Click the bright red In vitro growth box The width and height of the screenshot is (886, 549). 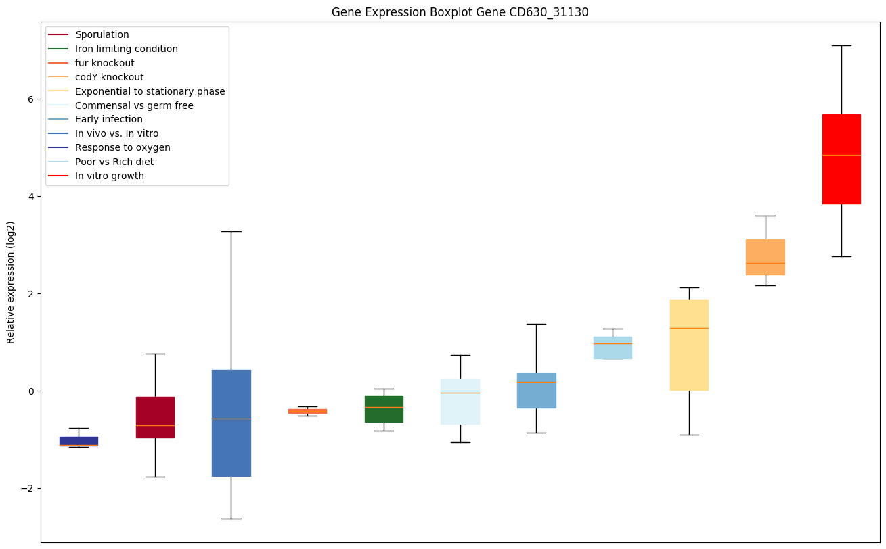coord(841,159)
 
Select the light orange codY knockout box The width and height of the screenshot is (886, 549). coord(765,257)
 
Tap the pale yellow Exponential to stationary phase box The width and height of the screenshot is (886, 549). coord(689,345)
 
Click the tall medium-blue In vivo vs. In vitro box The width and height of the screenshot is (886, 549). coord(231,423)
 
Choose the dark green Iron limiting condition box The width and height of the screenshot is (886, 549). coord(384,409)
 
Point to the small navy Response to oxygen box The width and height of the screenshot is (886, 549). coord(79,441)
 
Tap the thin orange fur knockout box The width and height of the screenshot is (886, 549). coord(307,411)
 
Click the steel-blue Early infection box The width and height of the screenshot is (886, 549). coord(536,391)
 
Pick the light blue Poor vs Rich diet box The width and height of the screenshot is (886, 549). coord(613,348)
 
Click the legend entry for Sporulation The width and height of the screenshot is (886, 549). coord(102,34)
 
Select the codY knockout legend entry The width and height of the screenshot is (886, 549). coord(109,77)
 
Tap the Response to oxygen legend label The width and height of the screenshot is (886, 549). coord(123,147)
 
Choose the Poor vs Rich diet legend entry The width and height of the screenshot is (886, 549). coord(114,162)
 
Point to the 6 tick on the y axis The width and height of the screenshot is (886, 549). coord(30,99)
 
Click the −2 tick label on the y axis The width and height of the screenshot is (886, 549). coord(28,489)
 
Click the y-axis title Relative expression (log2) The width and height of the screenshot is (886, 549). coord(11,282)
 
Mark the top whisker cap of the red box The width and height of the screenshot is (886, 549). coord(841,45)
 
